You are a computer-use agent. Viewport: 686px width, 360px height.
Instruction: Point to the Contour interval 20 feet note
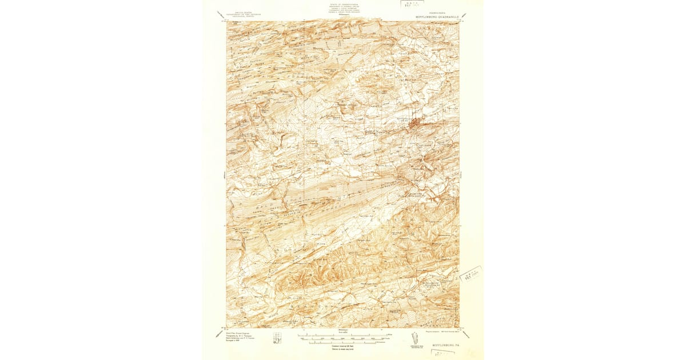(x=343, y=345)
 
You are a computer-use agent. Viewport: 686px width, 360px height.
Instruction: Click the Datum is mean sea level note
(x=343, y=349)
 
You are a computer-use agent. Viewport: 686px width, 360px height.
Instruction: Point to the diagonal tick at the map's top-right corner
(x=464, y=15)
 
